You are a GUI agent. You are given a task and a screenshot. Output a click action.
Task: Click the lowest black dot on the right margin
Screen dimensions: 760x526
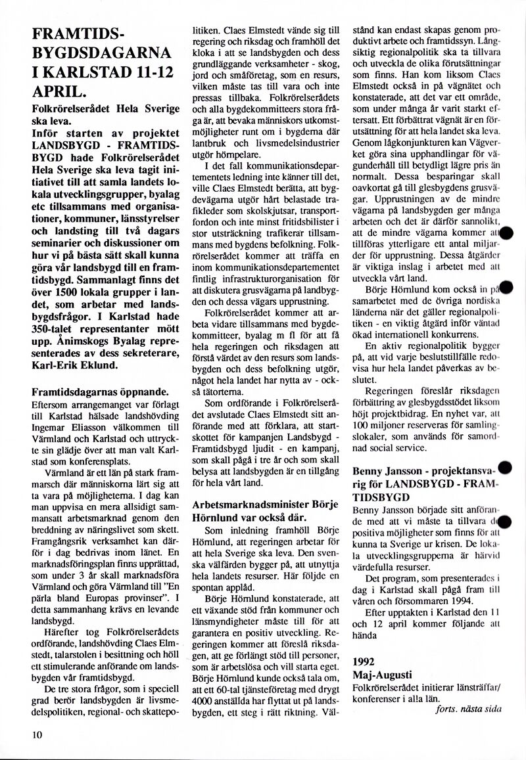pyautogui.click(x=505, y=522)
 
